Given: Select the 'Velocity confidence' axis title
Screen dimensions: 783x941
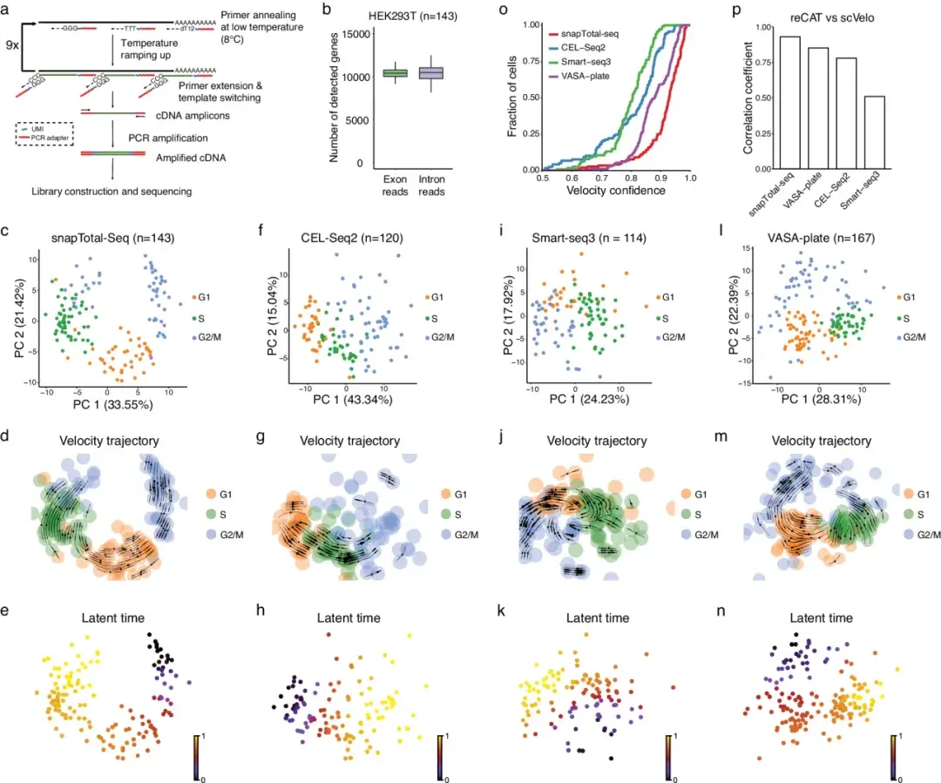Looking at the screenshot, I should tap(615, 189).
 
